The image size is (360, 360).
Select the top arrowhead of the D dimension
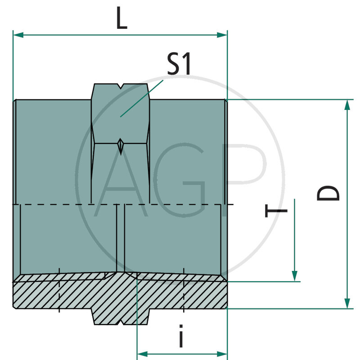pos(347,105)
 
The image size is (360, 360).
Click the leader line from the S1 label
pos(142,98)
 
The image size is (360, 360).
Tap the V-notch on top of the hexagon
pos(120,86)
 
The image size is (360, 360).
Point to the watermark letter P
pos(245,180)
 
